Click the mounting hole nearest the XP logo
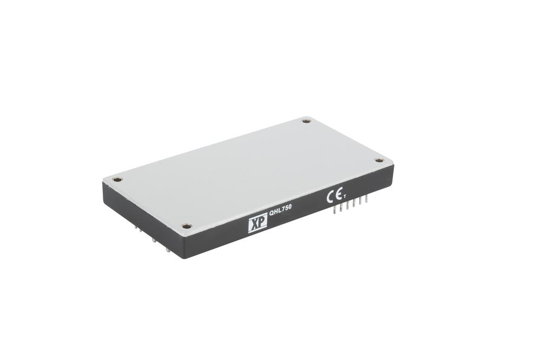186,226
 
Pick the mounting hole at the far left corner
117,179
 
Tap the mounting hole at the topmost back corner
306,121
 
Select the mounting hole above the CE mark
379,160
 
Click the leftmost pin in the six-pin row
335,210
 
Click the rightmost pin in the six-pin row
366,200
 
